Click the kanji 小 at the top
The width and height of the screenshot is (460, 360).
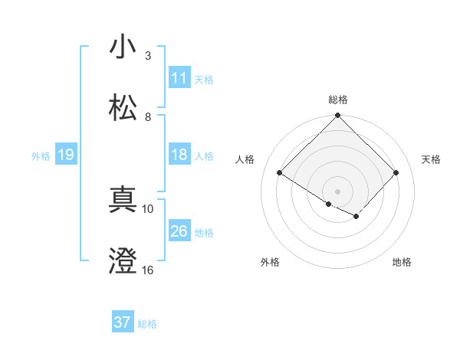coord(123,47)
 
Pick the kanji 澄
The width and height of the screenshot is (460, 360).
coord(123,261)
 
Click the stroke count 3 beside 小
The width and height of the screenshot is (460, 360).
coord(148,56)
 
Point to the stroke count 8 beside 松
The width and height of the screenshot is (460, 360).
coord(148,117)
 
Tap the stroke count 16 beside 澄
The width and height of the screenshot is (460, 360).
coord(148,270)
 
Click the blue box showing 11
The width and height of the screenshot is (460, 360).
coord(179,78)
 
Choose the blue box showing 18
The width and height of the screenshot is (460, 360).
coord(179,155)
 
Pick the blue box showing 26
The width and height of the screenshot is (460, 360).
coord(179,231)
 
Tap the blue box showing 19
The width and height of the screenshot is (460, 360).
coord(66,155)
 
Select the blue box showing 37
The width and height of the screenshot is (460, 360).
coord(123,322)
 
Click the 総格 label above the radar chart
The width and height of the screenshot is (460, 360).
coord(338,100)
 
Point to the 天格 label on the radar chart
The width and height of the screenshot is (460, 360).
coord(432,159)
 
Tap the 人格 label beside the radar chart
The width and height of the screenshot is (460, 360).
coord(245,159)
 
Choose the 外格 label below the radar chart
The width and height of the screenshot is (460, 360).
coord(270,262)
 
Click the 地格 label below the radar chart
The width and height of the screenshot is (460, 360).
coord(402,262)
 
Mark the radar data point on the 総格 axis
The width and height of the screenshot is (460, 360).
coord(338,116)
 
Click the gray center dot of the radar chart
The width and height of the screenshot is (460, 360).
coord(338,191)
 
